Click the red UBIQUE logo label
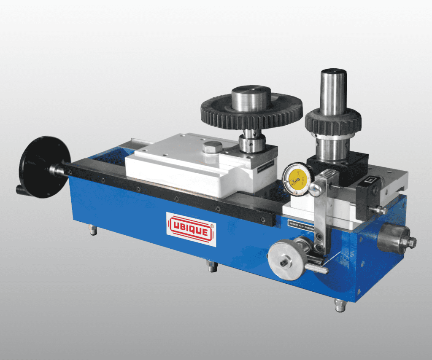[191, 229]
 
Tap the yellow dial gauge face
[298, 179]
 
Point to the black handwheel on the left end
[43, 165]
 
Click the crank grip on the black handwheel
[21, 190]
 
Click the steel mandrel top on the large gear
[251, 97]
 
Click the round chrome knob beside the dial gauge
[315, 189]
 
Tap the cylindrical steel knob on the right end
[394, 238]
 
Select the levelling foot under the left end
[93, 230]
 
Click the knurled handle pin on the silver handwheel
[316, 268]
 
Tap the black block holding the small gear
[337, 164]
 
